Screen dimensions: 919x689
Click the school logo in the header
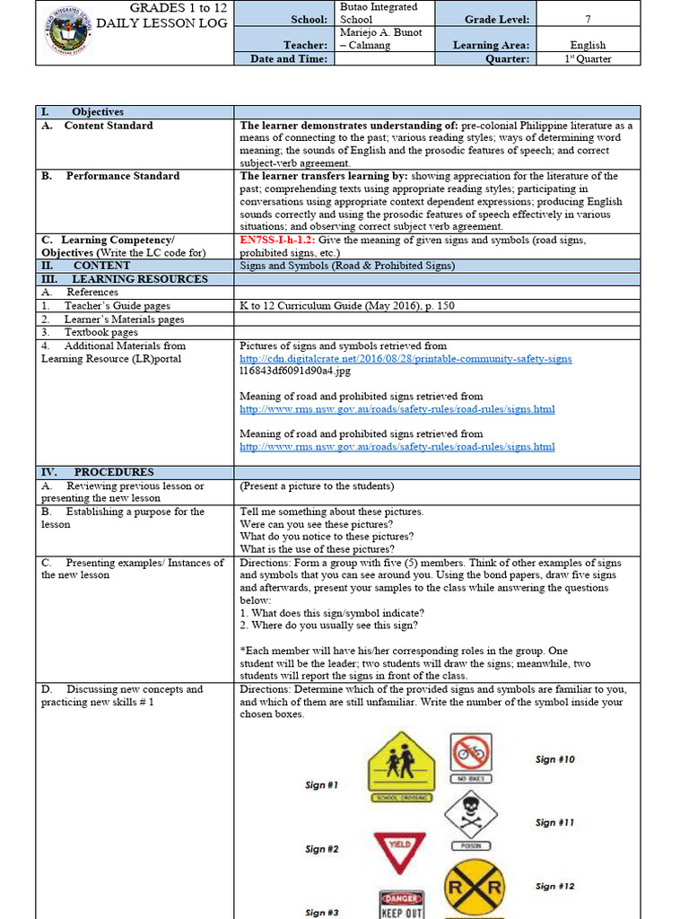coord(69,33)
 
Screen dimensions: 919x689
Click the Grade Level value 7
coord(588,19)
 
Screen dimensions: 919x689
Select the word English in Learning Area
coord(588,45)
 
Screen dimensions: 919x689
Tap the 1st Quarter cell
coord(588,59)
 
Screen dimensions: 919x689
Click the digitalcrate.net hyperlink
coord(406,359)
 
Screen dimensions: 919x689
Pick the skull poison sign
coord(472,817)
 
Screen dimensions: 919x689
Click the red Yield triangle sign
coord(399,851)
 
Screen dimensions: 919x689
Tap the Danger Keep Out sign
coord(401,904)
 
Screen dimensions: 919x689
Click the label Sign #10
coord(554,759)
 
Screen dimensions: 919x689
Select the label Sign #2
coord(321,849)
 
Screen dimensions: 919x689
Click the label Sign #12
coord(554,887)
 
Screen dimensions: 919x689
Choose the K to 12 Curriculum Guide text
coord(346,306)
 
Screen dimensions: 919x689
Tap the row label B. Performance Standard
coord(110,176)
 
